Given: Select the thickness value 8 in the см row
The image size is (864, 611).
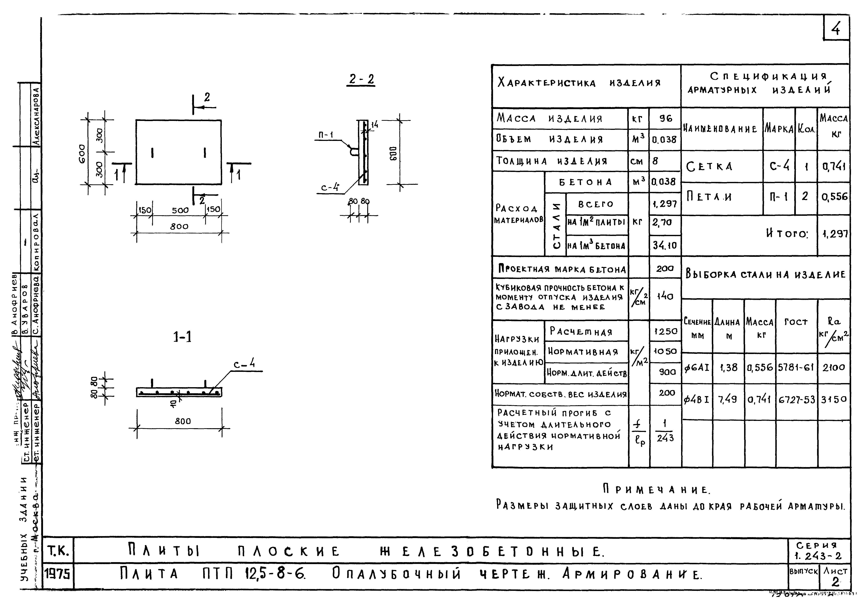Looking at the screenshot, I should tap(655, 161).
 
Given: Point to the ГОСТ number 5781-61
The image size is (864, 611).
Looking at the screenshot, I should tap(796, 368).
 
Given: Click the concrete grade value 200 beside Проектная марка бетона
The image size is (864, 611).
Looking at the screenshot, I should tap(665, 269).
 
